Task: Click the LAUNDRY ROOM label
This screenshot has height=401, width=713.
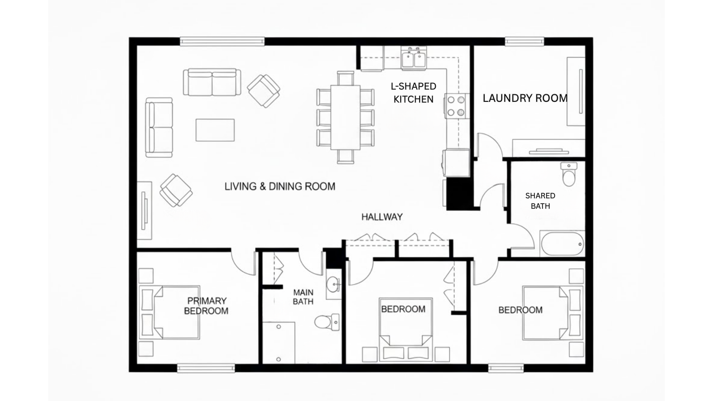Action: pyautogui.click(x=525, y=98)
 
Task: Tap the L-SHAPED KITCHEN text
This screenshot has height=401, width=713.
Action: pyautogui.click(x=413, y=93)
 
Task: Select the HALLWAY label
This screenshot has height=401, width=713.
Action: pyautogui.click(x=382, y=217)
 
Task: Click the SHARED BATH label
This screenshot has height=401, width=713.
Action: pyautogui.click(x=540, y=201)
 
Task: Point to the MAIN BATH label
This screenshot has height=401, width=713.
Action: pyautogui.click(x=303, y=297)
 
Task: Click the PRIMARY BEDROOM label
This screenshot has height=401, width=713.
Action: pyautogui.click(x=206, y=306)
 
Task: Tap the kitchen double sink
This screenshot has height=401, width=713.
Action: pyautogui.click(x=413, y=59)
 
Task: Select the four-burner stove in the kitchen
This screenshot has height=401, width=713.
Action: pyautogui.click(x=456, y=106)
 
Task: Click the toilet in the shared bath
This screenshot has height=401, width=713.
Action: pyautogui.click(x=569, y=175)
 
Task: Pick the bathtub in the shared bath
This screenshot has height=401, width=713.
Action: pyautogui.click(x=562, y=244)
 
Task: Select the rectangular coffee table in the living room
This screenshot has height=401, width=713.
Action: pyautogui.click(x=215, y=130)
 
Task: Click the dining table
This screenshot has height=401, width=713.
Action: pyautogui.click(x=345, y=117)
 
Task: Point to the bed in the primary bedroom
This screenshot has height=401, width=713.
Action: pyautogui.click(x=170, y=312)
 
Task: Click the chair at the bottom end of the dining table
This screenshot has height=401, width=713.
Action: pyautogui.click(x=345, y=156)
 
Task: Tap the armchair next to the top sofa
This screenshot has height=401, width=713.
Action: pyautogui.click(x=264, y=91)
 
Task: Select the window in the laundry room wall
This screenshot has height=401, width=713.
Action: pyautogui.click(x=524, y=41)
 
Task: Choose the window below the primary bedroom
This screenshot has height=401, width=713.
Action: pyautogui.click(x=206, y=368)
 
